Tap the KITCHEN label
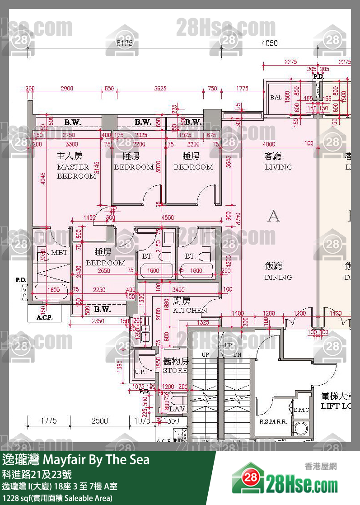pyautogui.click(x=190, y=310)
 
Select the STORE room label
pyautogui.click(x=175, y=370)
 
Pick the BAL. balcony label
pyautogui.click(x=277, y=97)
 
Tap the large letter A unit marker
pyautogui.click(x=273, y=216)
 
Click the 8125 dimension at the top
pyautogui.click(x=125, y=43)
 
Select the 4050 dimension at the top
pyautogui.click(x=270, y=43)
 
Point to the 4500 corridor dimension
pyautogui.click(x=168, y=218)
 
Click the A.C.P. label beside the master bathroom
pyautogui.click(x=44, y=317)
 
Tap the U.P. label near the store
pyautogui.click(x=140, y=372)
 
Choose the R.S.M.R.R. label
pyautogui.click(x=273, y=422)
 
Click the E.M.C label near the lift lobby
pyautogui.click(x=301, y=410)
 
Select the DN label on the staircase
pyautogui.click(x=237, y=355)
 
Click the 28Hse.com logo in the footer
pyautogui.click(x=285, y=484)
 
